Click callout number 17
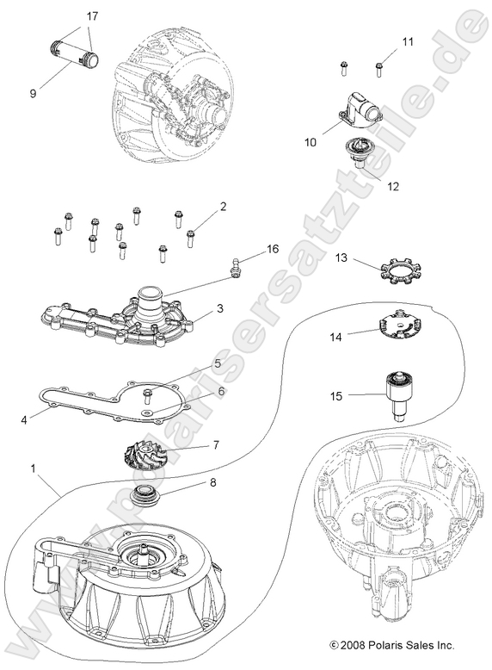point(92,16)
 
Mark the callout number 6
point(222,391)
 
